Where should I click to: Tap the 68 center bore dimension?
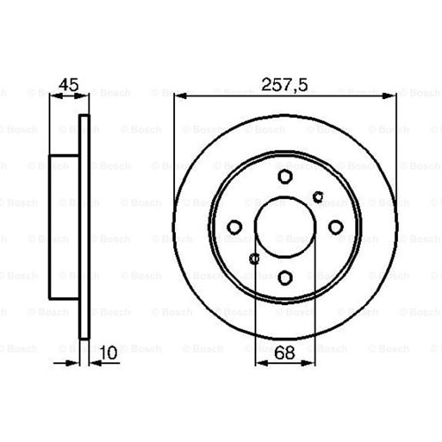click(x=285, y=351)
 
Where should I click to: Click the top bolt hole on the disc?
click(x=285, y=177)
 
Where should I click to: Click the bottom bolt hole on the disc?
click(x=285, y=278)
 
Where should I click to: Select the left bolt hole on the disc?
click(x=234, y=227)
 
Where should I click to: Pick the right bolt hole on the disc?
click(x=335, y=227)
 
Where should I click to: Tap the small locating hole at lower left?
click(x=255, y=258)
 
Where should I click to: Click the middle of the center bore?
click(x=285, y=227)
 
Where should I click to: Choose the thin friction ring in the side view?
click(x=85, y=227)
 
